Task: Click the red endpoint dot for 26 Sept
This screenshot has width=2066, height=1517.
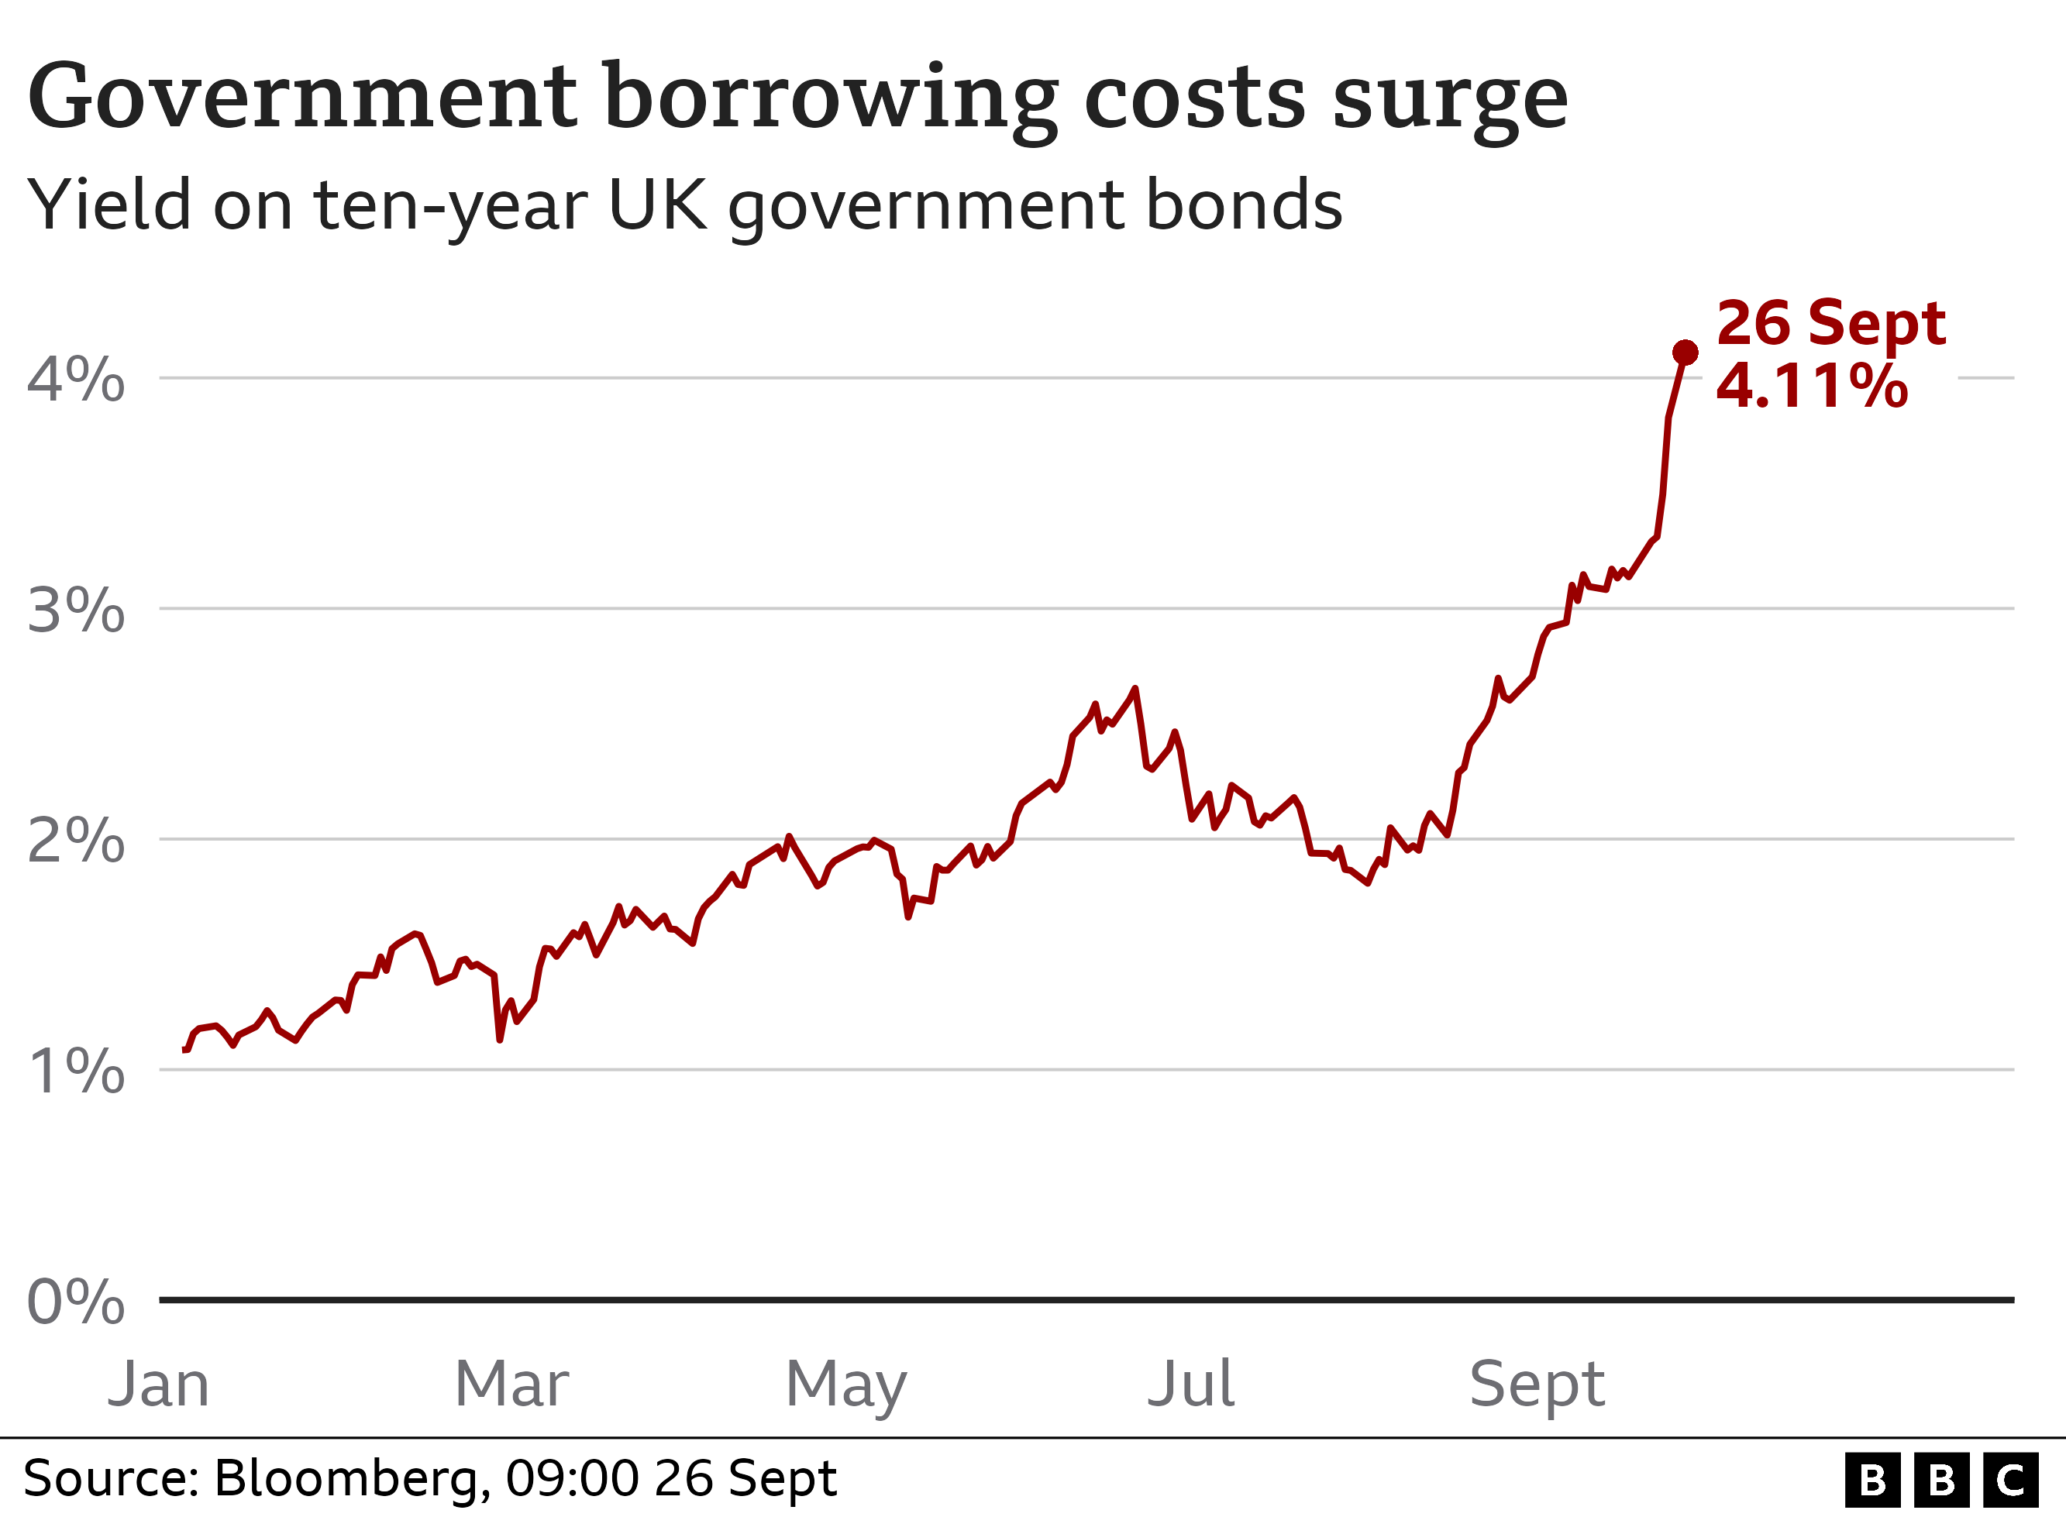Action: pyautogui.click(x=1685, y=353)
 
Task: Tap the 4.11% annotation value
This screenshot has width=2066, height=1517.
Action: pyautogui.click(x=1812, y=386)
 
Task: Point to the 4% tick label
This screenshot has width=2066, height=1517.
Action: pyautogui.click(x=76, y=380)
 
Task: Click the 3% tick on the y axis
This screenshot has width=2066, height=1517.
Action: pyautogui.click(x=76, y=610)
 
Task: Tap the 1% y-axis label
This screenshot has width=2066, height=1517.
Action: pyautogui.click(x=76, y=1071)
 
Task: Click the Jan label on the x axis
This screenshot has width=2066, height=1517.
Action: pyautogui.click(x=159, y=1384)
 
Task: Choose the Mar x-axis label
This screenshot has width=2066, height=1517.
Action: pyautogui.click(x=511, y=1384)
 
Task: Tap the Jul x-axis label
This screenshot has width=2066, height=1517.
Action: pyautogui.click(x=1191, y=1384)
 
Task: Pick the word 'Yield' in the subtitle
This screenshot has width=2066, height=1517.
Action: pyautogui.click(x=108, y=205)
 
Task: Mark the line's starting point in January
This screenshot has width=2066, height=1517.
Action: pyautogui.click(x=185, y=1050)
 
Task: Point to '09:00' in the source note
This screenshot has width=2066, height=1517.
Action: pyautogui.click(x=571, y=1478)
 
